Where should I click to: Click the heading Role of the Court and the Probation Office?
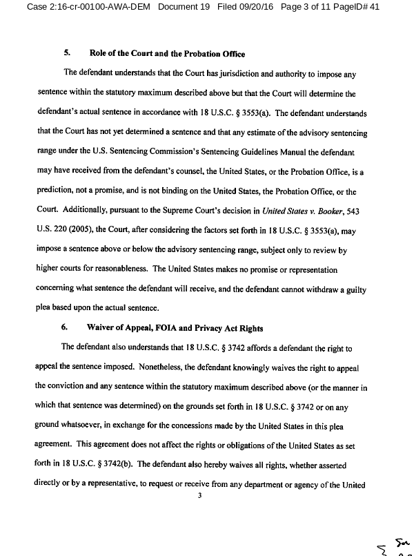(167, 54)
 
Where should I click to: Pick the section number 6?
(67, 327)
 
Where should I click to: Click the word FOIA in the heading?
(177, 327)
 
